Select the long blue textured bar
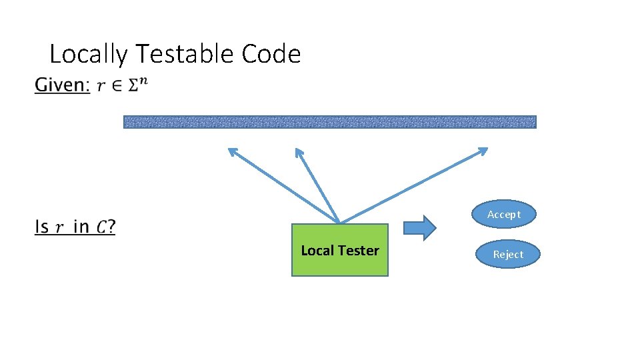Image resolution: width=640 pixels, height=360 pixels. pos(329,122)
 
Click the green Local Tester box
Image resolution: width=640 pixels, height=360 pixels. pos(339,251)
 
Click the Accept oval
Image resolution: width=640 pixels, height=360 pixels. pos(503,214)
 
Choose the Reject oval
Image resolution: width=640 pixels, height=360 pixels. pos(508,254)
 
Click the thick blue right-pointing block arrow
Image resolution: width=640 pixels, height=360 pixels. pos(420,227)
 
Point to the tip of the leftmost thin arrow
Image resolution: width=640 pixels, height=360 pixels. pos(229,149)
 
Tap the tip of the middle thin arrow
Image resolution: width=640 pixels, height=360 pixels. pos(297,149)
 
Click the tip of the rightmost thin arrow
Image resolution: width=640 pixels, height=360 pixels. pos(487,149)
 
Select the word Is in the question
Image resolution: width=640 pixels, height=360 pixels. pos(41,227)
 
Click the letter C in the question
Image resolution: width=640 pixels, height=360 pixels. pos(101,228)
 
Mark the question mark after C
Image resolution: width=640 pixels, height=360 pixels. pos(111,227)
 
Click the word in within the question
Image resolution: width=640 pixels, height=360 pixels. pos(81,227)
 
